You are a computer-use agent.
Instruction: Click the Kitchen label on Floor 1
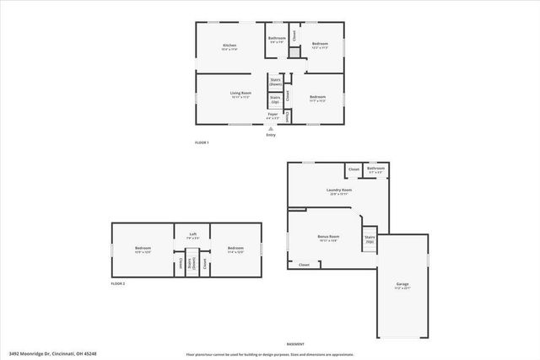tap(229, 46)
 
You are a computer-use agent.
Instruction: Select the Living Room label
tap(241, 94)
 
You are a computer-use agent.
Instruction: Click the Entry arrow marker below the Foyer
tap(271, 128)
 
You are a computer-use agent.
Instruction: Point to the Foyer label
tap(273, 115)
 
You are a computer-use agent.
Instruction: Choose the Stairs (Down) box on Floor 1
tap(275, 82)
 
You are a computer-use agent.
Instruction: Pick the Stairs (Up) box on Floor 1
tap(275, 99)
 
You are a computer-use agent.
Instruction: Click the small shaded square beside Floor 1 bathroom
tap(294, 53)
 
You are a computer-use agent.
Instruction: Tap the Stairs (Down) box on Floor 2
tap(192, 261)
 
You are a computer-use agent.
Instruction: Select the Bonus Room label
tap(328, 239)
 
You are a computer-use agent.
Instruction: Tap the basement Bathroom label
tap(375, 170)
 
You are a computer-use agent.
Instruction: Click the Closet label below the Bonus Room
tap(304, 265)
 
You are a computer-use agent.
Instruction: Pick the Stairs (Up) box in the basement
tap(370, 239)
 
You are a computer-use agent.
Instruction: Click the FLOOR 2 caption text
tap(118, 284)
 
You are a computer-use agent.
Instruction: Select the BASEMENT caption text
tap(295, 344)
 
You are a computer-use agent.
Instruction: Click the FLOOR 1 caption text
tap(202, 142)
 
